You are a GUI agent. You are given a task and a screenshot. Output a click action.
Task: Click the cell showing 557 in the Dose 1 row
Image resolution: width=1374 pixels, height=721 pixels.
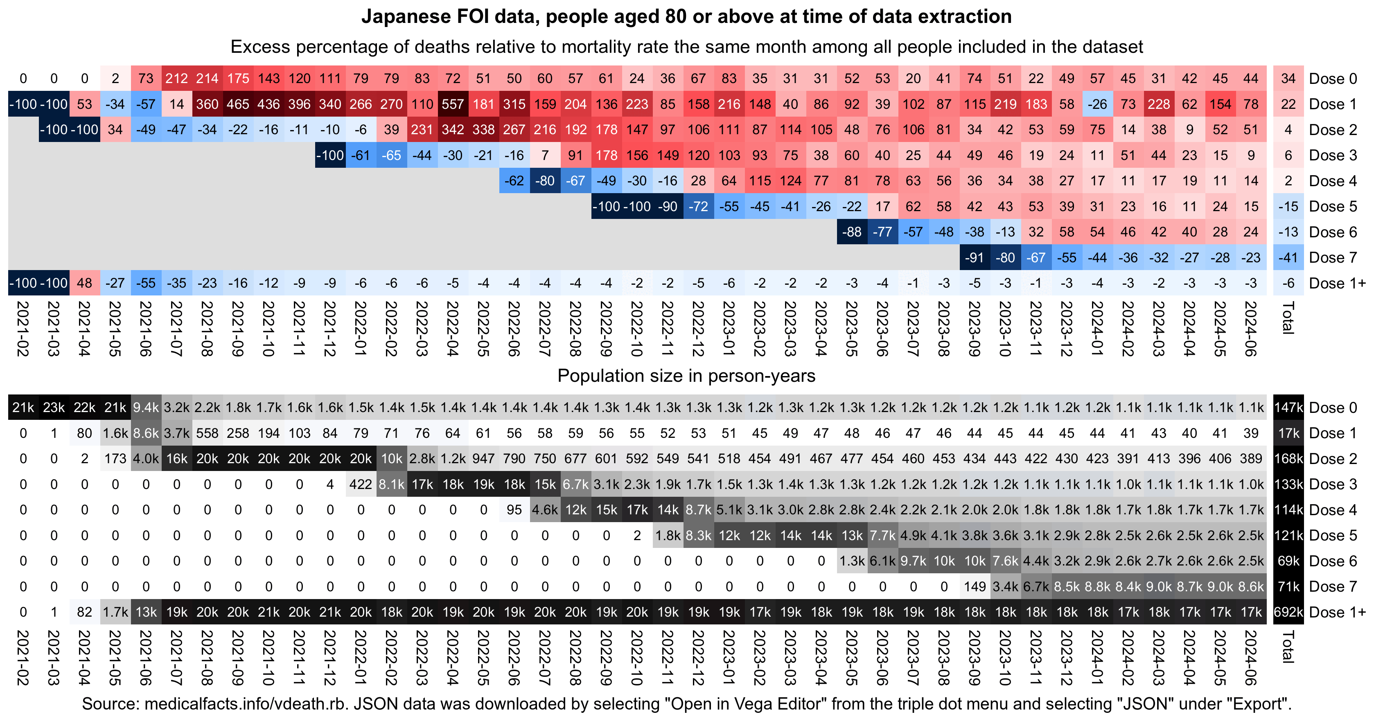point(453,104)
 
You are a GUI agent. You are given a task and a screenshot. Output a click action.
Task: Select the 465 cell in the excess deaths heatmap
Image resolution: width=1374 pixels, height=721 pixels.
point(238,104)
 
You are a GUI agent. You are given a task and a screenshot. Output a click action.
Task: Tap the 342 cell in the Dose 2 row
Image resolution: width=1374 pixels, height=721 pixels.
point(453,130)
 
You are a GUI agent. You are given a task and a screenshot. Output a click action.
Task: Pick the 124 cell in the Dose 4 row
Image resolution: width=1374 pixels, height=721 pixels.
point(790,181)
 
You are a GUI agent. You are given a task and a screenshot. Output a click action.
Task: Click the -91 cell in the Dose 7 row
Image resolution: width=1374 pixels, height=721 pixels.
point(975,257)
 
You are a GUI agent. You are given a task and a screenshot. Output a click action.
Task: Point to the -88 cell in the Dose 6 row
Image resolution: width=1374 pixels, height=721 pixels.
point(852,232)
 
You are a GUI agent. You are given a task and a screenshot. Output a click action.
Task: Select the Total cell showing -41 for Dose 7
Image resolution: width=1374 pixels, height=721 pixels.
point(1288,257)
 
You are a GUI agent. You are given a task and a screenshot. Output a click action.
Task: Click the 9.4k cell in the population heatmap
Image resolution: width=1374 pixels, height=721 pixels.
point(146,408)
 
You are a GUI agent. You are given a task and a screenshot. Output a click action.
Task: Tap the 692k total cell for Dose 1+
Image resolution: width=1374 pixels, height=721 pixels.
point(1288,612)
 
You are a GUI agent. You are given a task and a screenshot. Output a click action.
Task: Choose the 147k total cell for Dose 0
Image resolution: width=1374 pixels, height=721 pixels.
point(1288,408)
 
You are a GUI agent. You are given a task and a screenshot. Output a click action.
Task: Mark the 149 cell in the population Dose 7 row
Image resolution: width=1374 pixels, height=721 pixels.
point(975,587)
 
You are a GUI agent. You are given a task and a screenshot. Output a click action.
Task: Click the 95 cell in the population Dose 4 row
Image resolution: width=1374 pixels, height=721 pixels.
point(514,510)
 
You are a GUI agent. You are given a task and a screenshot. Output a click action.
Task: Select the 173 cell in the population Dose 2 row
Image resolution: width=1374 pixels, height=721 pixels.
point(115,459)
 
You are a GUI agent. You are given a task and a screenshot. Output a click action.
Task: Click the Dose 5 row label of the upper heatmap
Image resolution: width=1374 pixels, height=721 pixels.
point(1332,206)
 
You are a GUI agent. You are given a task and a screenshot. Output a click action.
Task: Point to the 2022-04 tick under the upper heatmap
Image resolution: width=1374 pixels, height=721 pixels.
point(453,328)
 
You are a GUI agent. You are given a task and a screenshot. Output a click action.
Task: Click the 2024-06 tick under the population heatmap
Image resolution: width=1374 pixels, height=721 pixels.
point(1251,657)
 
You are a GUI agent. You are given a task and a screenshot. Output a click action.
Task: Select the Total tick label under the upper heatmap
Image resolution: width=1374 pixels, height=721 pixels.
point(1288,318)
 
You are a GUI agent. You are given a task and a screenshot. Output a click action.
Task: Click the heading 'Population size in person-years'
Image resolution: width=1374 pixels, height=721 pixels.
point(686,376)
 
